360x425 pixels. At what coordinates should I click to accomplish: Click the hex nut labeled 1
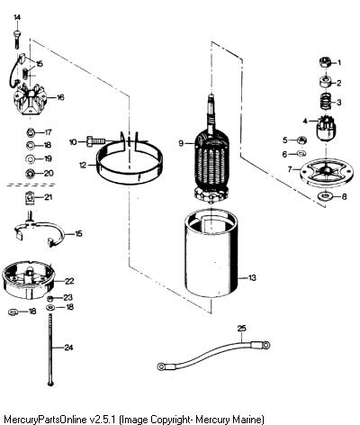[325, 63]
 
